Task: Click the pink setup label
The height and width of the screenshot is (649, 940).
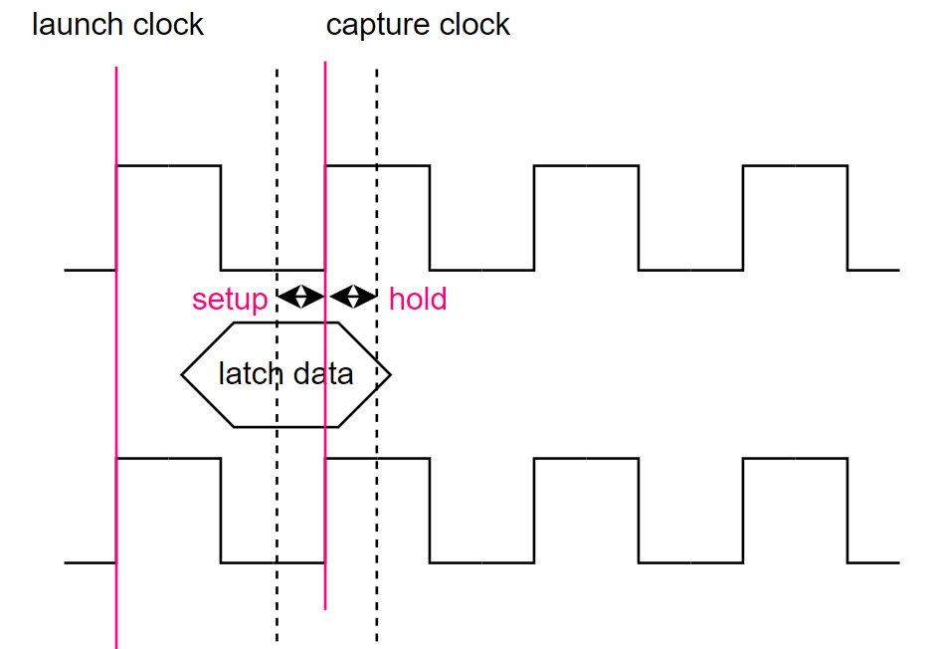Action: [x=230, y=300]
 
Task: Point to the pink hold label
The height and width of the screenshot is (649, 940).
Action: [x=418, y=299]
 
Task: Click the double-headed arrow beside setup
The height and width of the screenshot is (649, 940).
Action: [x=300, y=296]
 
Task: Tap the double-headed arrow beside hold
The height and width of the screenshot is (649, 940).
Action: [x=352, y=296]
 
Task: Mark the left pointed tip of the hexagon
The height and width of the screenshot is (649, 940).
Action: [x=183, y=375]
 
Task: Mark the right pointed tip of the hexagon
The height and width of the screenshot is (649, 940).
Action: [x=390, y=375]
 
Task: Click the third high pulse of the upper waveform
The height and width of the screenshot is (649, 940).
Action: [x=586, y=166]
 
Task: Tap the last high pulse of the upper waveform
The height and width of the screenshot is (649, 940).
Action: [x=795, y=166]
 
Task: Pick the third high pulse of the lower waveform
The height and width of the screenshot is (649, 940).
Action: [x=586, y=459]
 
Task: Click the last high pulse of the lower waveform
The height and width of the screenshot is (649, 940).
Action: [x=795, y=459]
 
